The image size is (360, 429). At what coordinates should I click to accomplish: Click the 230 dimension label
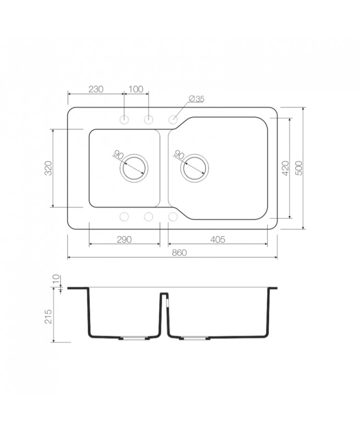coord(96,89)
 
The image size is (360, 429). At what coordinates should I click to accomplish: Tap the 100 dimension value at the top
coord(136,89)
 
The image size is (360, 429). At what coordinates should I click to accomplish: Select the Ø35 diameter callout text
coord(197,99)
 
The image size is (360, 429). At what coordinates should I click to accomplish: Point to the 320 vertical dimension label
coord(48,168)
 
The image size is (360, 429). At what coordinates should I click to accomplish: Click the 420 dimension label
coord(285,168)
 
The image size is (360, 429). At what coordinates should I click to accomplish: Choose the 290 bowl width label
coord(124,240)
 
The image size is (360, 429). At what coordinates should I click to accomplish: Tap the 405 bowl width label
coord(218,240)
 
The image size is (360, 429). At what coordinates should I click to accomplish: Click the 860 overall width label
coord(180,252)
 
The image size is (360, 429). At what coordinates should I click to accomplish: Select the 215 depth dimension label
coord(48,317)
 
